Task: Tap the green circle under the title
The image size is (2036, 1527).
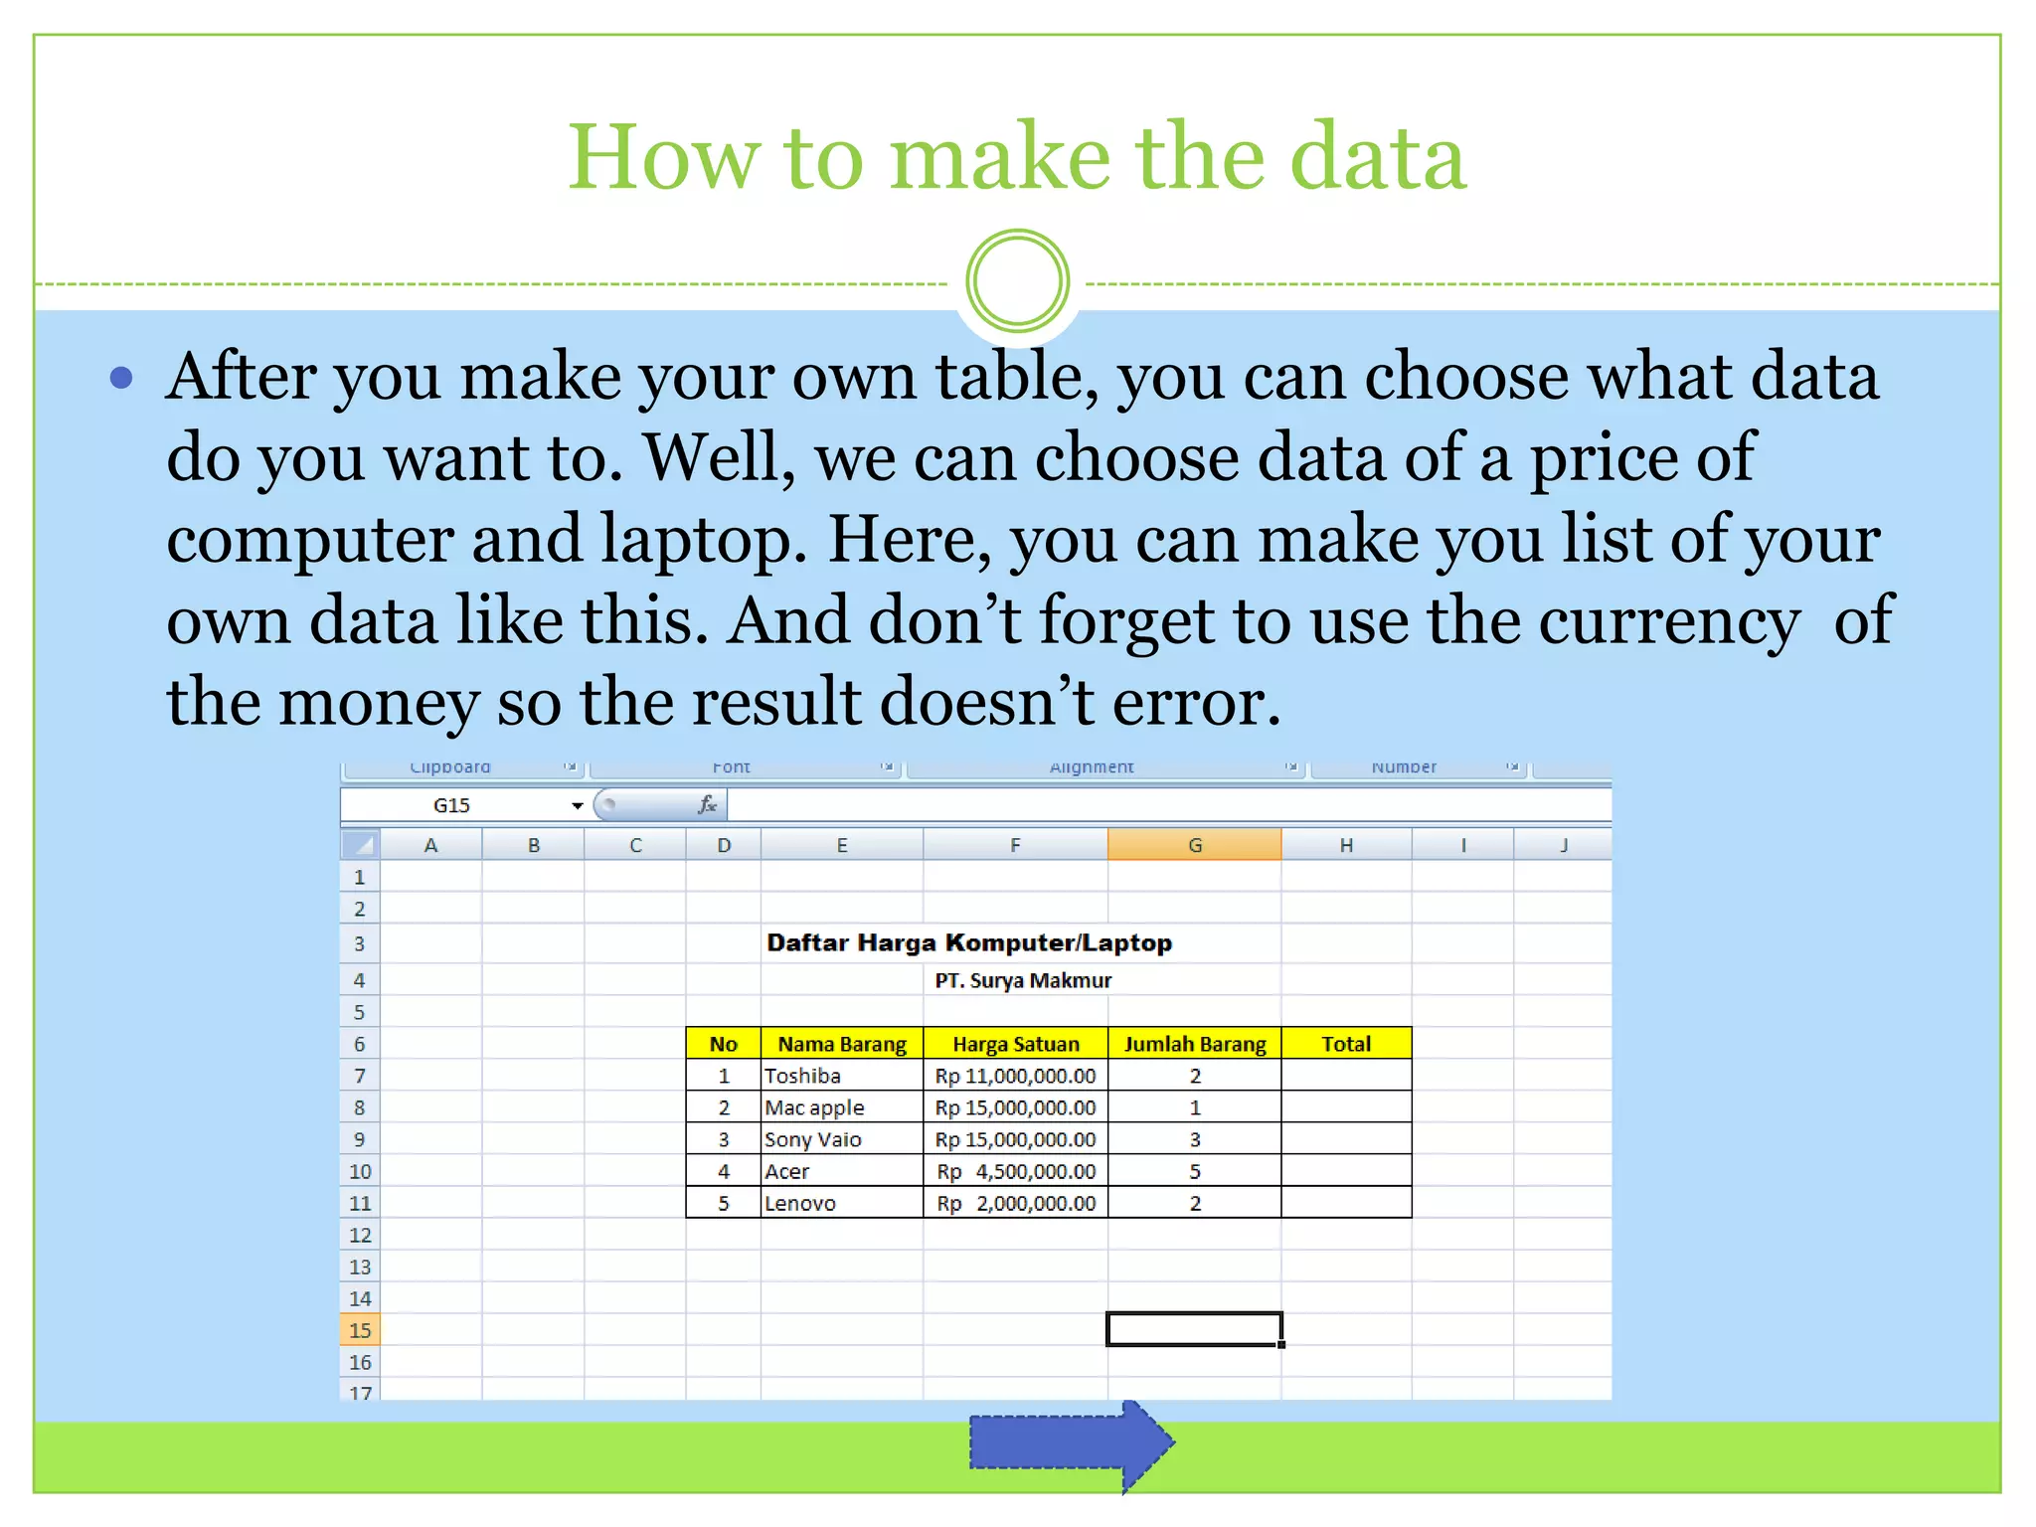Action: pyautogui.click(x=1017, y=281)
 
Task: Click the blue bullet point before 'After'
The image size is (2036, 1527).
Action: pyautogui.click(x=121, y=378)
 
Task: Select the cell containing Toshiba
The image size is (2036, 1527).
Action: pyautogui.click(x=841, y=1076)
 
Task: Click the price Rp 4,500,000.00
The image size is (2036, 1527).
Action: pyautogui.click(x=1015, y=1171)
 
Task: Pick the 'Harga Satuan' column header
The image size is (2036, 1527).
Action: pyautogui.click(x=1015, y=1044)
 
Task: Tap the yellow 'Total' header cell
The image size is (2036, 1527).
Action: pyautogui.click(x=1346, y=1044)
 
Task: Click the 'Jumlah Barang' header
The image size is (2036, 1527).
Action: pyautogui.click(x=1195, y=1044)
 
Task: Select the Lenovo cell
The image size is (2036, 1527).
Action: pyautogui.click(x=841, y=1203)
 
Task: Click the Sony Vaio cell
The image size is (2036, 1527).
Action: pyautogui.click(x=841, y=1139)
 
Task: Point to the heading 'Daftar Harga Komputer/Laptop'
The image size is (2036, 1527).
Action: pyautogui.click(x=969, y=942)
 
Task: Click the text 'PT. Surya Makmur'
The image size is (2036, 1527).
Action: pyautogui.click(x=1023, y=980)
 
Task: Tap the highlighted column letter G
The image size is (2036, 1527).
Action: pyautogui.click(x=1194, y=845)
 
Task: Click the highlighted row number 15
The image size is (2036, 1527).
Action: pyautogui.click(x=360, y=1330)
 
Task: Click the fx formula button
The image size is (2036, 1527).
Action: pyautogui.click(x=707, y=805)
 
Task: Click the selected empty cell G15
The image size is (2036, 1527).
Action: pyautogui.click(x=1194, y=1329)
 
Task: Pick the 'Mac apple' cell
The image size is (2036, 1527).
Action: pyautogui.click(x=841, y=1107)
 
